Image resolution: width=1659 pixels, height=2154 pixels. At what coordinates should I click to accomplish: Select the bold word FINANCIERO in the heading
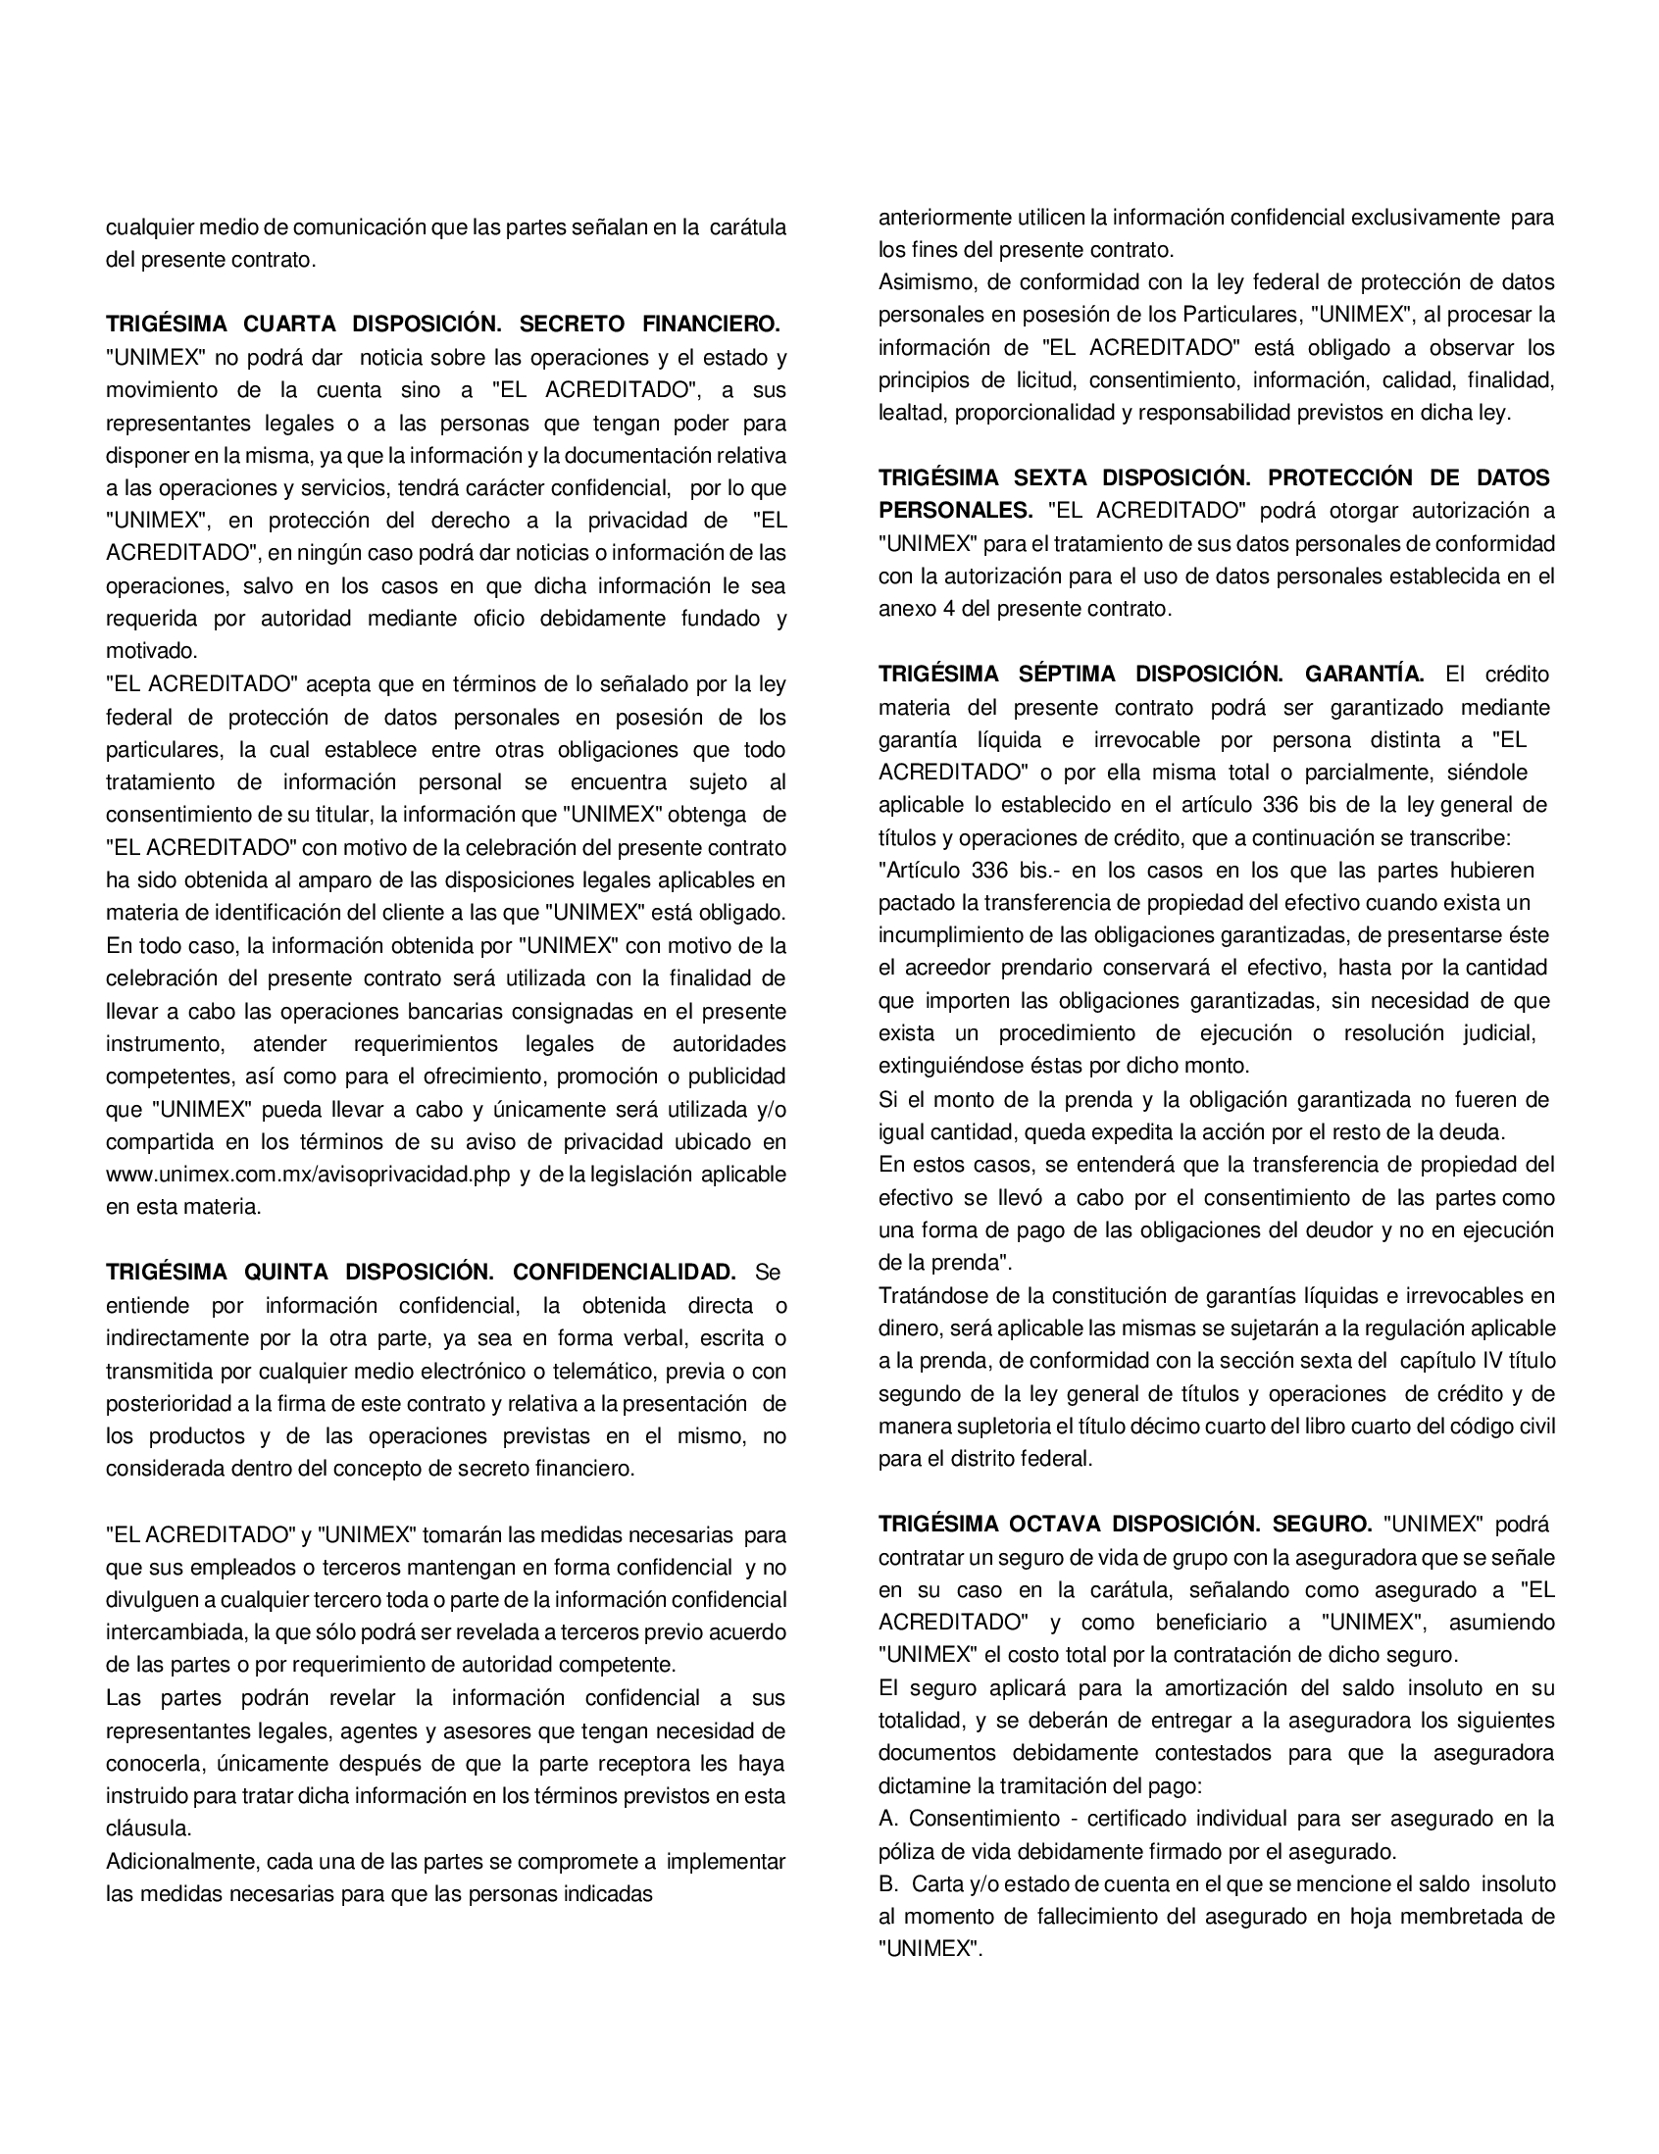pyautogui.click(x=710, y=325)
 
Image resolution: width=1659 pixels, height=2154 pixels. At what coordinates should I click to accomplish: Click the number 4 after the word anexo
pyautogui.click(x=948, y=609)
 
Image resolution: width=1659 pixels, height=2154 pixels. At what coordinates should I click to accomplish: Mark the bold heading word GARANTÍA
pyautogui.click(x=1364, y=675)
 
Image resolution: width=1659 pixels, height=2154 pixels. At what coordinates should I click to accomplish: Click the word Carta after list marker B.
pyautogui.click(x=939, y=1883)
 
